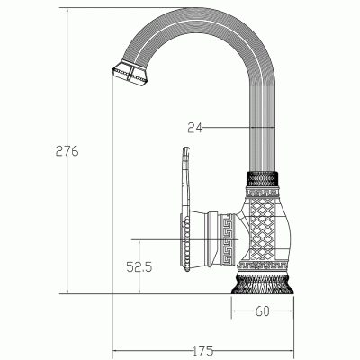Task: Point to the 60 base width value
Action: (263, 311)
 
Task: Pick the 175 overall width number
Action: (203, 348)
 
